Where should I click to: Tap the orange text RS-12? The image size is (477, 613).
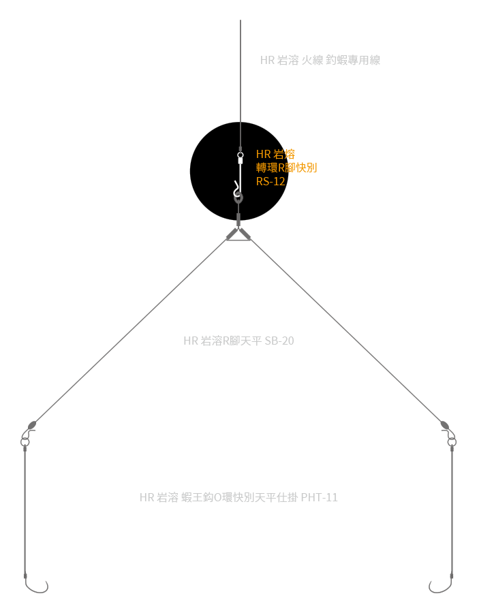(x=271, y=181)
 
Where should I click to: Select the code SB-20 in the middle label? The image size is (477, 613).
(x=279, y=341)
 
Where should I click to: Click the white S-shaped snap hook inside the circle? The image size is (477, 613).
(x=236, y=187)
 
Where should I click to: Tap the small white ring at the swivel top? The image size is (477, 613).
(x=240, y=155)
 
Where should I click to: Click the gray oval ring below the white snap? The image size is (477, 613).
(x=238, y=199)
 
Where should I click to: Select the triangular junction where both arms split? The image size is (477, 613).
(x=238, y=234)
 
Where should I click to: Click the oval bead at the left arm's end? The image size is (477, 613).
(x=31, y=425)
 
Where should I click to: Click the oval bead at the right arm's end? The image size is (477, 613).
(x=445, y=425)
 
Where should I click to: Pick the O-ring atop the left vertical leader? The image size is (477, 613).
(x=25, y=442)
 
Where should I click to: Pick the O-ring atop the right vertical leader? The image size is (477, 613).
(x=451, y=442)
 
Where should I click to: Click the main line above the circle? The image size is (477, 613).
(x=240, y=68)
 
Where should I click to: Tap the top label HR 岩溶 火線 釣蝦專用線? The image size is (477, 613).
(x=320, y=60)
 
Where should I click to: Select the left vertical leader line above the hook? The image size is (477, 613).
(x=25, y=511)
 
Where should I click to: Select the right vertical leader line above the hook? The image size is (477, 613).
(x=452, y=511)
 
